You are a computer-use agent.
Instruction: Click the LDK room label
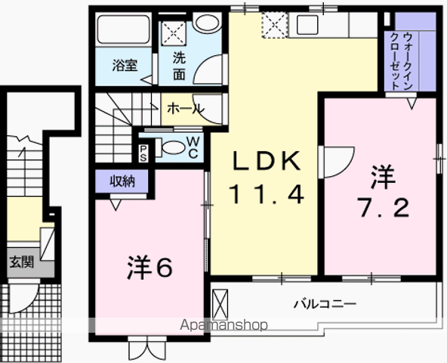(267, 161)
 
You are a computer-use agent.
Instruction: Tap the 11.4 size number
(267, 194)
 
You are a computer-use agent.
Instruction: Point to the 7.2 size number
(384, 208)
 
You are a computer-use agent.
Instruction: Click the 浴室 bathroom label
(125, 65)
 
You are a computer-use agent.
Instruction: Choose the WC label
(193, 147)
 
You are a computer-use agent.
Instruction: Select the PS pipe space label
(143, 153)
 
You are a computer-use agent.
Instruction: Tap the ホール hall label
(186, 109)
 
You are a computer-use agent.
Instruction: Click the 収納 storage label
(122, 181)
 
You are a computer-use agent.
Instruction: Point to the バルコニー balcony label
(325, 304)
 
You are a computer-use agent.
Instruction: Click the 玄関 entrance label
(22, 262)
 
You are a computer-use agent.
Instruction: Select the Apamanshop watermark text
(224, 324)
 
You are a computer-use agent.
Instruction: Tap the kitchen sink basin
(307, 25)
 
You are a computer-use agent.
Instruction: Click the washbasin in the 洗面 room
(207, 22)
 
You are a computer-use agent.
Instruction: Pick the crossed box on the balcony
(220, 304)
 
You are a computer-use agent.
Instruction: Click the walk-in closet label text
(402, 60)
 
